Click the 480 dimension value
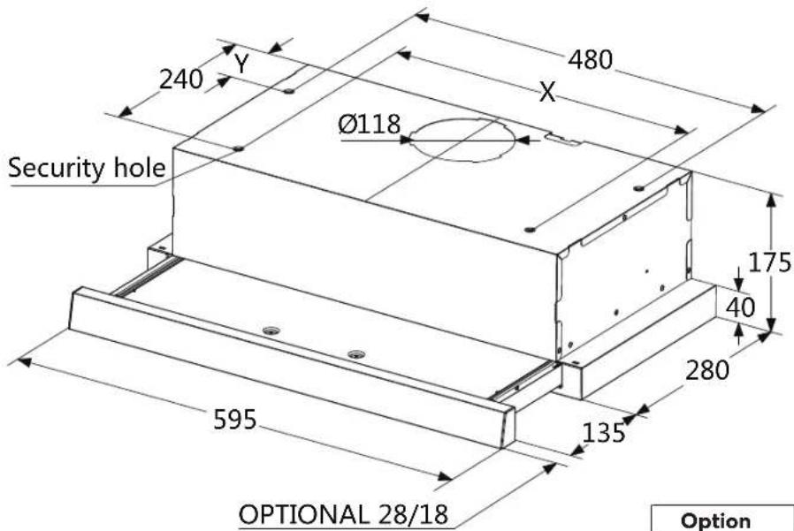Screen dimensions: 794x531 tap(590, 60)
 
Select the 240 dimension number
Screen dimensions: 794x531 tap(181, 80)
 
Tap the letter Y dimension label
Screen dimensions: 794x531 tap(242, 64)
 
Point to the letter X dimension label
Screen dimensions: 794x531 tap(547, 92)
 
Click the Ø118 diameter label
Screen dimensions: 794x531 tap(370, 124)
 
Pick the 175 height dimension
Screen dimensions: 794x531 tap(769, 262)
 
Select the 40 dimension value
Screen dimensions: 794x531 tap(740, 307)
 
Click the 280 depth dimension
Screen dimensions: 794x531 tap(707, 369)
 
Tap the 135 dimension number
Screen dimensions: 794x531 tap(604, 433)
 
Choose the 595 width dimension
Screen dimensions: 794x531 tap(235, 420)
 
